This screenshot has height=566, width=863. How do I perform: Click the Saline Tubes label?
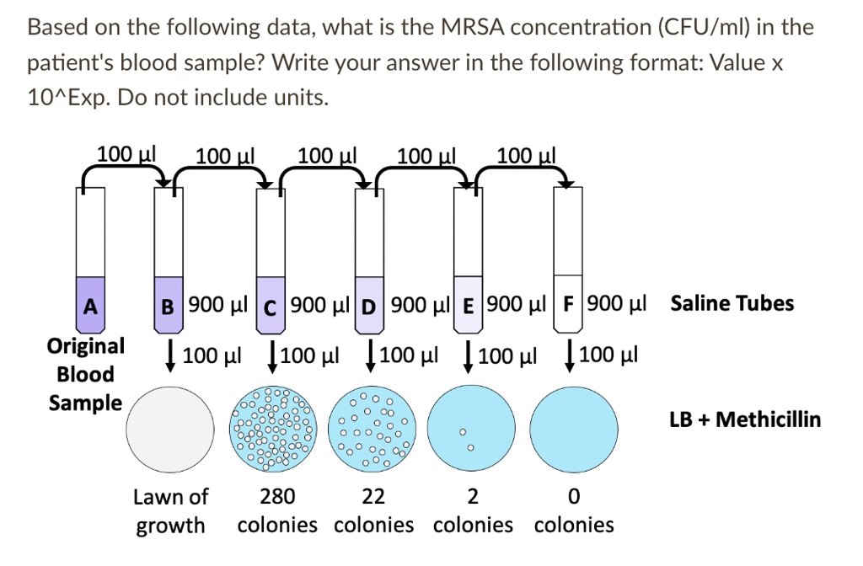click(732, 303)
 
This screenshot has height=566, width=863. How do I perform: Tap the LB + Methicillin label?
click(745, 419)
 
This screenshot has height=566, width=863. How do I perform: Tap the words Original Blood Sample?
click(85, 374)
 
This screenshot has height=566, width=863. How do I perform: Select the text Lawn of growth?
click(170, 511)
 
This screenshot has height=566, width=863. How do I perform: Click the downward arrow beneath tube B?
click(169, 354)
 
